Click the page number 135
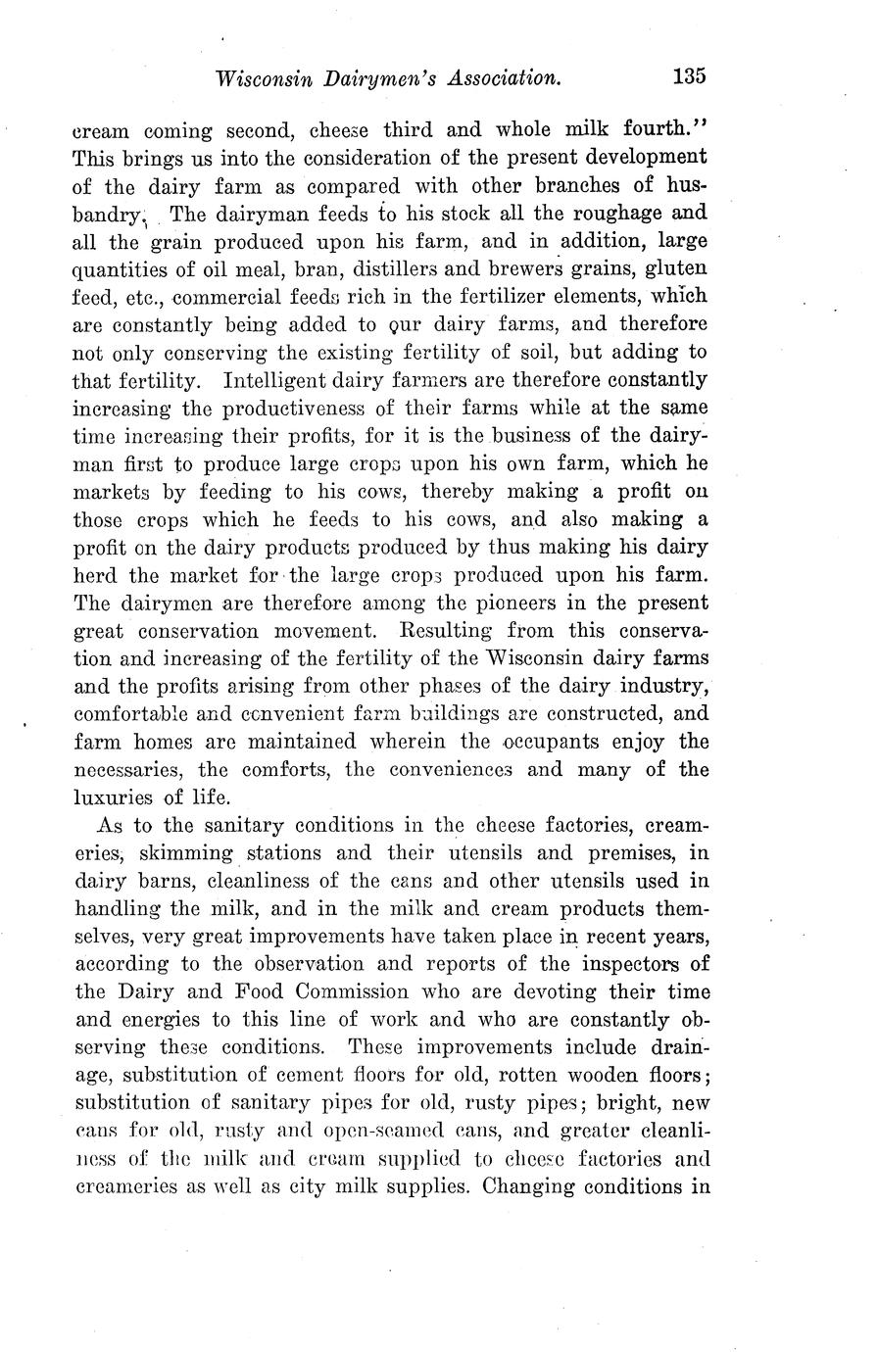coord(690,76)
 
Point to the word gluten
coord(675,267)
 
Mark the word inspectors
coord(636,963)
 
